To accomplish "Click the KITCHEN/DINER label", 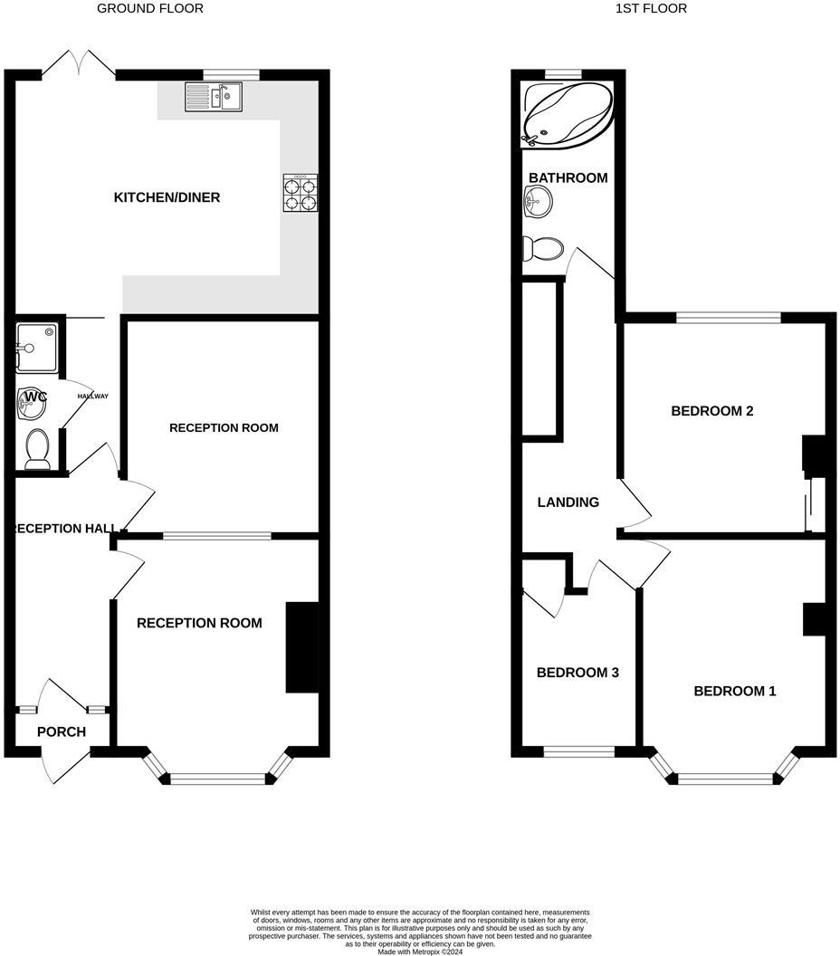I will click(167, 197).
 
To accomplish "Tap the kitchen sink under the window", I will click(214, 96).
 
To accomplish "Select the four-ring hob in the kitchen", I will click(301, 193).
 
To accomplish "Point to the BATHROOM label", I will click(568, 177).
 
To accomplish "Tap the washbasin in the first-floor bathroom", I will click(535, 203).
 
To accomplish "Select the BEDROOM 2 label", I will click(712, 411).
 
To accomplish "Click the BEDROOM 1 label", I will click(735, 692).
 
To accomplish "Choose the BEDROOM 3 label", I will click(577, 673).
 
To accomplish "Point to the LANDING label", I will click(568, 502).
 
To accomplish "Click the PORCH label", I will click(62, 731).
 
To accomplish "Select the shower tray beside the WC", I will click(37, 345).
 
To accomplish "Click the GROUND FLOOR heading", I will click(150, 9).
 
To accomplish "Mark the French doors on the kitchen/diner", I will click(79, 65).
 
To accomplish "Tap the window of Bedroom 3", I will click(578, 750).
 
